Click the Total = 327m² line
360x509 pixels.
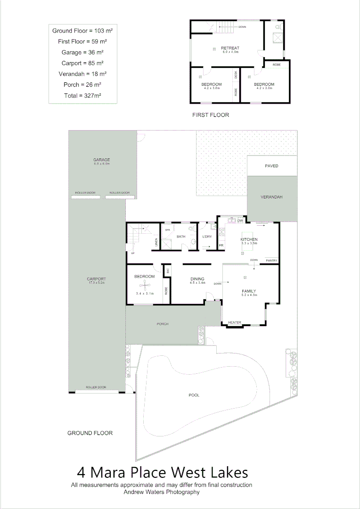coord(82,95)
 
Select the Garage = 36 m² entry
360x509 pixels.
coord(82,52)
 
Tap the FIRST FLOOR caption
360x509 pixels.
coord(211,115)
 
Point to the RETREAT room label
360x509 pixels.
coord(230,48)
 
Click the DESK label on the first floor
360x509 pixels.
coord(235,74)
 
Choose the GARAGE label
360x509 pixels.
coord(101,160)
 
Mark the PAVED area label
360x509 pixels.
coord(271,166)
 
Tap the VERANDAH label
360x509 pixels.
coord(271,197)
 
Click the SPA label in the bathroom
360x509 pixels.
coord(167,230)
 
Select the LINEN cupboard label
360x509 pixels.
coord(156,243)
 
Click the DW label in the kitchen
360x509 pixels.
coord(240,221)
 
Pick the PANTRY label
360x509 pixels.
coord(271,260)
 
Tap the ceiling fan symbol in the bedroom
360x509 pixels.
coord(145,285)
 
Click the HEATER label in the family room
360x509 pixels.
coord(235,323)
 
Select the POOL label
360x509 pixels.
coord(194,395)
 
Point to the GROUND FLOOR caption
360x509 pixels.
coord(90,433)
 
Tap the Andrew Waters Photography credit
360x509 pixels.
coord(161,492)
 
